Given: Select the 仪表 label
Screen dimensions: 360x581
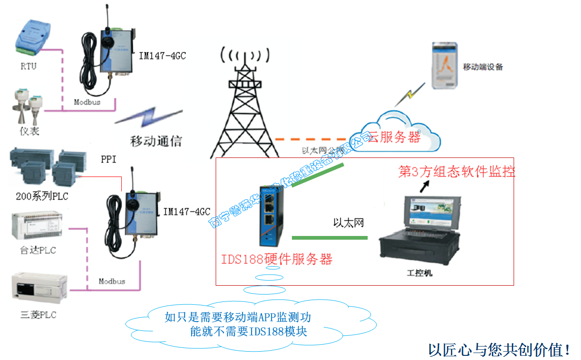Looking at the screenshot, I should (29, 131).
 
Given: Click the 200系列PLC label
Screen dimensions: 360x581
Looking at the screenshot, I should (42, 196).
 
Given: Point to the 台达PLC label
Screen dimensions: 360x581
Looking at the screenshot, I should (38, 250).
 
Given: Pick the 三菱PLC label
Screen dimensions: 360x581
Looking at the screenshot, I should (38, 315).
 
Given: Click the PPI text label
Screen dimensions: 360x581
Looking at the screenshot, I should (108, 159).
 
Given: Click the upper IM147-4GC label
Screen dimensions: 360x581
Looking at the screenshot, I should (163, 56).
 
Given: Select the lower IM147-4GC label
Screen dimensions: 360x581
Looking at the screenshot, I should (187, 212).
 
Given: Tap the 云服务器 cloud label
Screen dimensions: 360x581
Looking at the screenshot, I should (395, 137).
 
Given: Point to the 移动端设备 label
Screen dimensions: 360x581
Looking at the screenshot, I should (483, 67).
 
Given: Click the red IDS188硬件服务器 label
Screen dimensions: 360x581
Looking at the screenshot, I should (277, 259).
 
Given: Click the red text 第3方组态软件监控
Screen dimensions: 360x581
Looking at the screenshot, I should (457, 172).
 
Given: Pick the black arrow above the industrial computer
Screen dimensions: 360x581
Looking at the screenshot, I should (424, 186).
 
